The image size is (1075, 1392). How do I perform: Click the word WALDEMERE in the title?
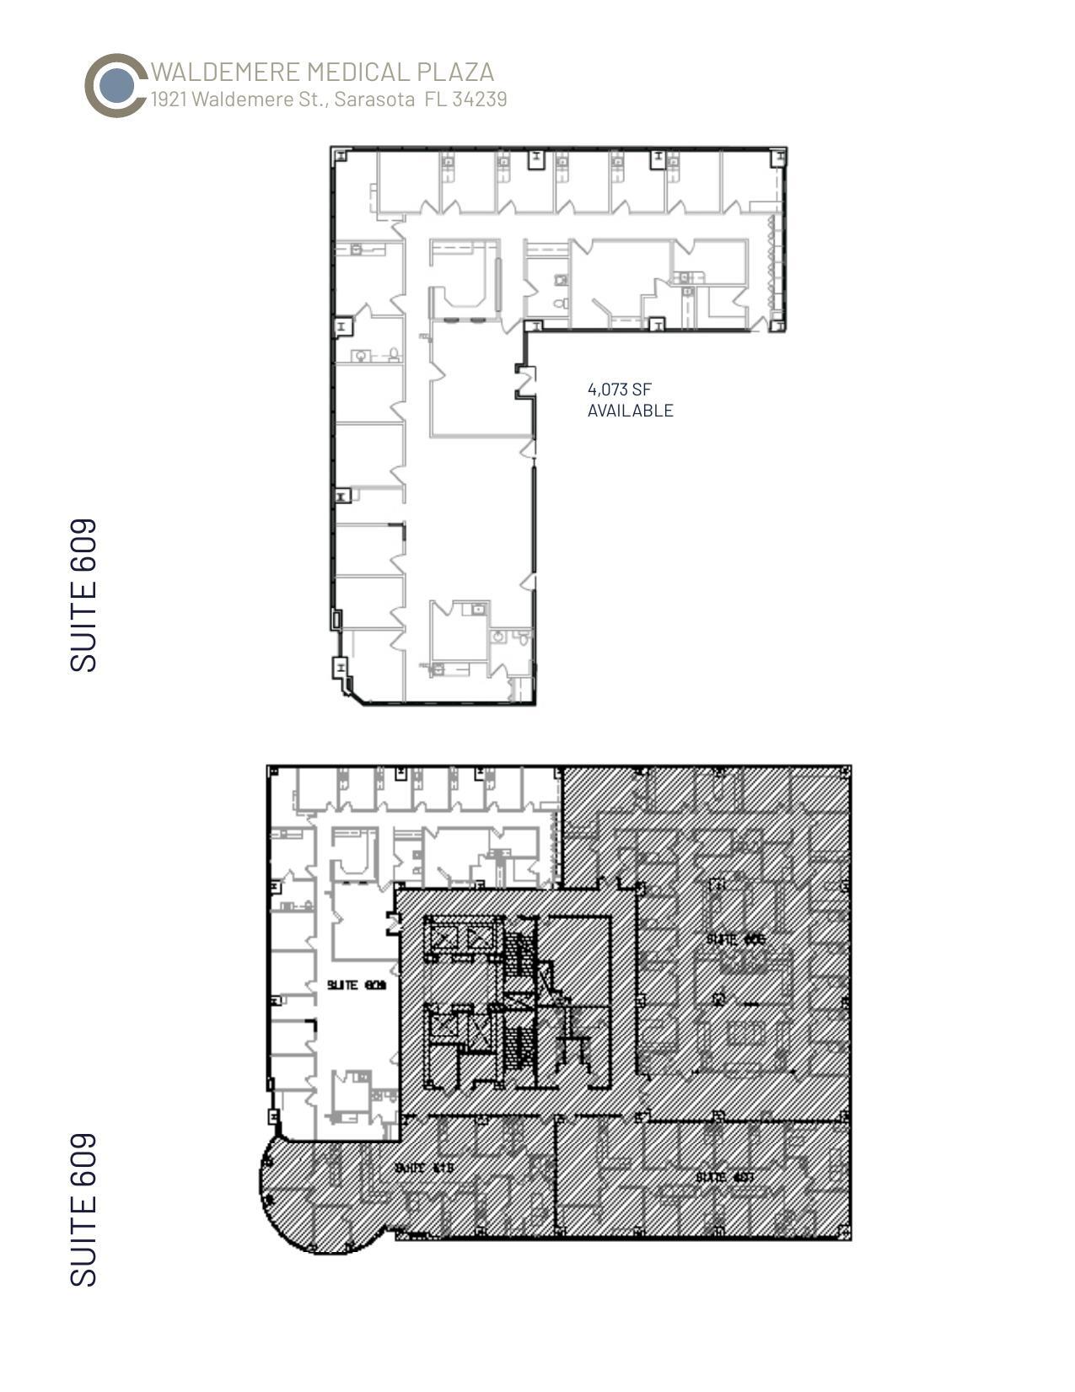[x=226, y=72]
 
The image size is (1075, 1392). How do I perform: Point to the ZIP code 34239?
[x=479, y=99]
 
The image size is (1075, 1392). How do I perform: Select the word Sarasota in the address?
[x=374, y=99]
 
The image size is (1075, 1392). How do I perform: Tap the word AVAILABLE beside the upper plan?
[x=630, y=411]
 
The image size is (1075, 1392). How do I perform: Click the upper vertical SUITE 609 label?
[x=83, y=594]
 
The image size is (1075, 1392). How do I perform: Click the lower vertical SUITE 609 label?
[x=83, y=1210]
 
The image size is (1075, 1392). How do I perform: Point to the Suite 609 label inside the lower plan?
[x=356, y=985]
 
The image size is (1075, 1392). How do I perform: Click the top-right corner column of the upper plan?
[x=779, y=155]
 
